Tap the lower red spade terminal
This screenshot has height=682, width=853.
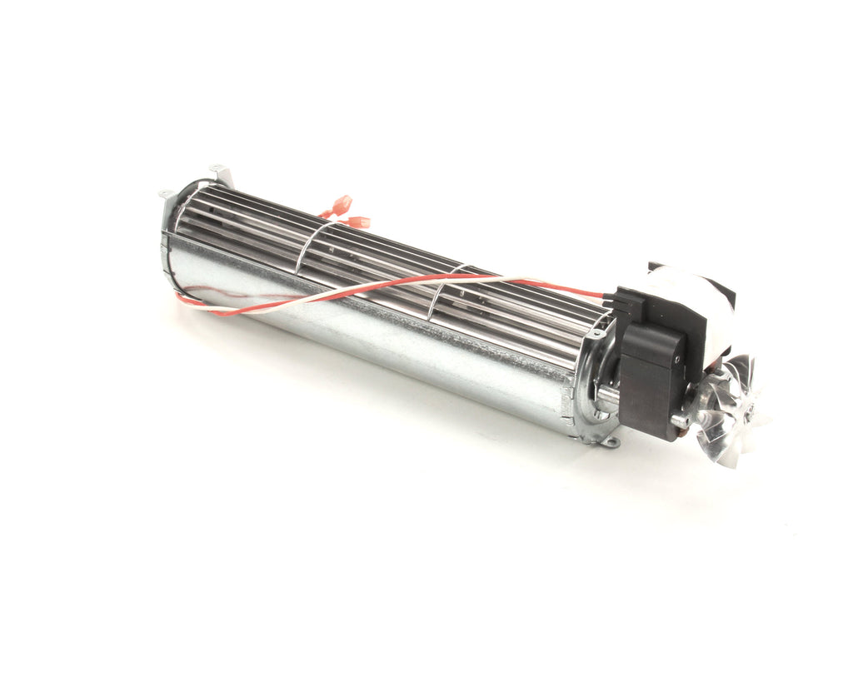click(x=358, y=222)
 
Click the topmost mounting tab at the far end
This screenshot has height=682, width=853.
click(x=218, y=169)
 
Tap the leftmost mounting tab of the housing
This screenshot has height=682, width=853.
click(x=166, y=195)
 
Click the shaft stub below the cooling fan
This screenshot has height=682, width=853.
click(x=681, y=421)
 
